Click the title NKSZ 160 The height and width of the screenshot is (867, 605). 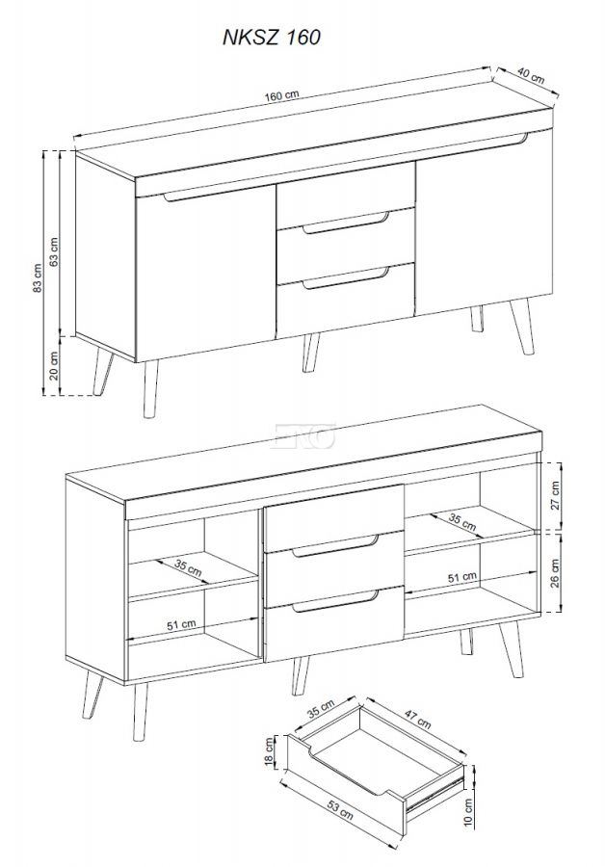[272, 37]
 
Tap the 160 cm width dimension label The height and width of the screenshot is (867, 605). [281, 95]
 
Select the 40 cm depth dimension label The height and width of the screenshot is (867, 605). [531, 75]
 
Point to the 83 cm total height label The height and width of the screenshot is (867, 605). [37, 278]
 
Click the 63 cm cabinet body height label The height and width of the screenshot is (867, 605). [54, 252]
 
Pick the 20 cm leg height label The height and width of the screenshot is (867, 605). [54, 365]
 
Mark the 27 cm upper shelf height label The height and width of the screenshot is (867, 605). [555, 495]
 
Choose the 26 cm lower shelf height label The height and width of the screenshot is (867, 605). [555, 573]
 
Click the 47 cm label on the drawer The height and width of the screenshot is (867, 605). [417, 719]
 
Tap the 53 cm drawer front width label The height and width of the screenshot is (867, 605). [340, 810]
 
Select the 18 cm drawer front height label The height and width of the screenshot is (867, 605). [270, 752]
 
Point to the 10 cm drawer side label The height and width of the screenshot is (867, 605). [468, 812]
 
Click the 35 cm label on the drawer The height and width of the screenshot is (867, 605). [321, 709]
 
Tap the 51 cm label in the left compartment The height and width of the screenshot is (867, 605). [181, 625]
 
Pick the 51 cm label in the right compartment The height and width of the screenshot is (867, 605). [461, 577]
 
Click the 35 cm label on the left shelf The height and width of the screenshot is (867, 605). [188, 567]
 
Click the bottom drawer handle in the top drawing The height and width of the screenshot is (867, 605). [346, 278]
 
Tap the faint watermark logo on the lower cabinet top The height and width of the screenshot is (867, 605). [302, 435]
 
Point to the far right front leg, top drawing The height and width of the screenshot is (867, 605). [522, 327]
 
